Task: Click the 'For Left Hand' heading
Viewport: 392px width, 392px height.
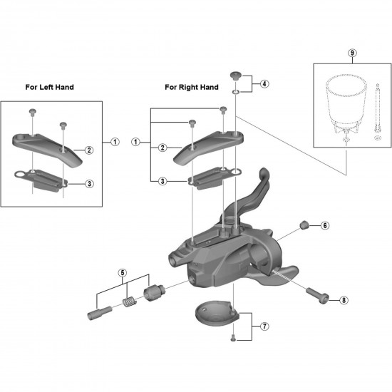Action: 49,87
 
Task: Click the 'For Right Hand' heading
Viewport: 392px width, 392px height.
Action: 192,87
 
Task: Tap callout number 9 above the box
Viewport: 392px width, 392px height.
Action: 352,53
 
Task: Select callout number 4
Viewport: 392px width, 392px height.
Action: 264,84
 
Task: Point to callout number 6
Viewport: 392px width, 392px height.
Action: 325,226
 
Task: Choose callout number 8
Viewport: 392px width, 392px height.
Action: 344,300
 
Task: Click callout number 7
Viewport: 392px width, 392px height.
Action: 264,326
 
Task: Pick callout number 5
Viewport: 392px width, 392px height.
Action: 123,273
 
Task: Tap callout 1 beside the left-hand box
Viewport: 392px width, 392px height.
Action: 115,142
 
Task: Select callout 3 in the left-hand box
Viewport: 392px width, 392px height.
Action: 89,184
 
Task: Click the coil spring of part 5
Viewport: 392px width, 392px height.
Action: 130,302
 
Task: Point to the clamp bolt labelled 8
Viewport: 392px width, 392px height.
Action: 317,295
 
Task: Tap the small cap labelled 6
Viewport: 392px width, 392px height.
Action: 304,225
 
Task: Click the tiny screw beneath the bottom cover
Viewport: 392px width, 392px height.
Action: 233,338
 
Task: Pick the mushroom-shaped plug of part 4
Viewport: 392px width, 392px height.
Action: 236,76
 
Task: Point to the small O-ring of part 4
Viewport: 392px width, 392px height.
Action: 236,92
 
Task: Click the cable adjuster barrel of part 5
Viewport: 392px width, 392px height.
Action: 154,292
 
